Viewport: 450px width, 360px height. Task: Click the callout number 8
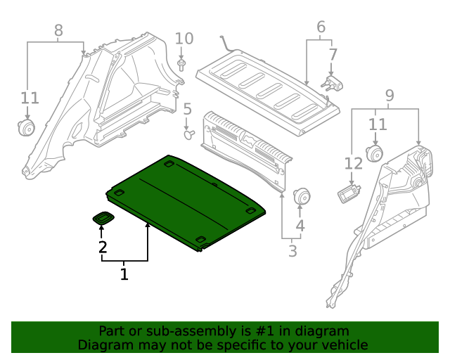pos(58,30)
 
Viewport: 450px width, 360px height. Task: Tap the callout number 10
pos(183,38)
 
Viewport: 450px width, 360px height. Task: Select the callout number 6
pos(321,27)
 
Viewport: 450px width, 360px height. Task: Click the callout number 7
pos(333,54)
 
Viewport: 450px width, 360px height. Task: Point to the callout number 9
pos(389,95)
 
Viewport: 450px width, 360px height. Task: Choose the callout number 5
pos(187,109)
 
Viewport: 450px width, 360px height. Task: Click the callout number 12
pos(353,164)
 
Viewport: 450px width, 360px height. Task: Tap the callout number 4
pos(300,226)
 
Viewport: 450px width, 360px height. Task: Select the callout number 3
pos(292,251)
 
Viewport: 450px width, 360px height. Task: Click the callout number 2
pos(103,247)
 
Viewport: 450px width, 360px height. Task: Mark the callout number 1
pos(124,274)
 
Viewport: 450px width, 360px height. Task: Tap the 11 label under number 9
pos(378,125)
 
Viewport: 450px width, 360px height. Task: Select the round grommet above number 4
pos(302,197)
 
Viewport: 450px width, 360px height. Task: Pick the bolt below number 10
pos(182,66)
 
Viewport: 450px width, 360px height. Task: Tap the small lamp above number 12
pos(348,193)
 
